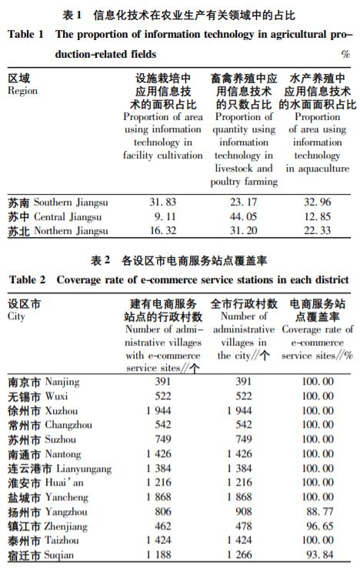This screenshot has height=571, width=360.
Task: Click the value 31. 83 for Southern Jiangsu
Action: pos(162,202)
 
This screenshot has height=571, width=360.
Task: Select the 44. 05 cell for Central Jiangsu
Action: pos(243,217)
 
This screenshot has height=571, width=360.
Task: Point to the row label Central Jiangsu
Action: pos(56,217)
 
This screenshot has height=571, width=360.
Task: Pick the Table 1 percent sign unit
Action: pos(345,55)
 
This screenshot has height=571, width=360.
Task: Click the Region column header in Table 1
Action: pos(22,85)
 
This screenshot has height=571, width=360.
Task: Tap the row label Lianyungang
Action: pos(59,469)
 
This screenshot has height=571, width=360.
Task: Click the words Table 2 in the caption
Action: pos(27,279)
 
